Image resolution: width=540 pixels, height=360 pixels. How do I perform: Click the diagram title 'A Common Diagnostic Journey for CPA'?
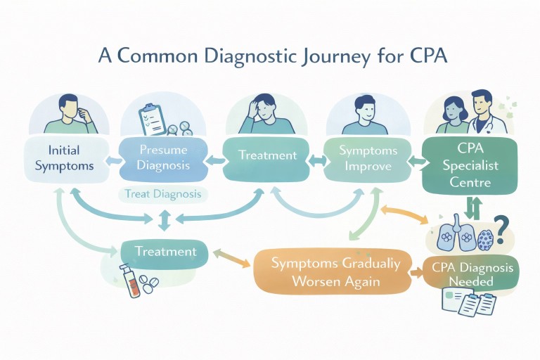pos(270,56)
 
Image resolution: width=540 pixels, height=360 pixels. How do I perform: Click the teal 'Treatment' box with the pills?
pos(165,251)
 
